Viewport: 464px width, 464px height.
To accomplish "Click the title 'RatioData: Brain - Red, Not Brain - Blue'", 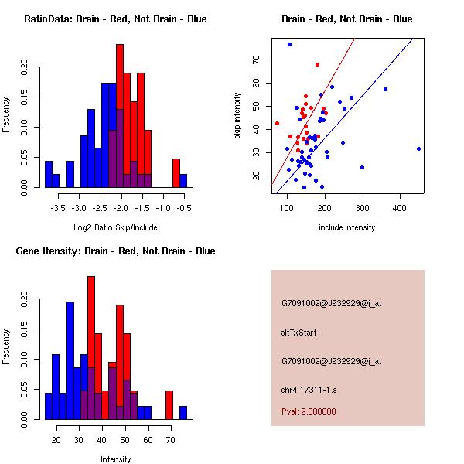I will pyautogui.click(x=115, y=19).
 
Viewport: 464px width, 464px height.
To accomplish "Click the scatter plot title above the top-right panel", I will pyautogui.click(x=346, y=19).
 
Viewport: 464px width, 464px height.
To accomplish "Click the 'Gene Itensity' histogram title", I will pyautogui.click(x=115, y=251).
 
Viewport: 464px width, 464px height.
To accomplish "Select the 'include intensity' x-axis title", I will pyautogui.click(x=347, y=227).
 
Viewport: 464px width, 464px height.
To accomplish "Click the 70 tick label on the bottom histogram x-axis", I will pyautogui.click(x=169, y=440).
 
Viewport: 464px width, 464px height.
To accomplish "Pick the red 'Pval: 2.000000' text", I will pyautogui.click(x=309, y=411).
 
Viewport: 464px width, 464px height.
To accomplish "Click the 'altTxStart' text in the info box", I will pyautogui.click(x=299, y=333).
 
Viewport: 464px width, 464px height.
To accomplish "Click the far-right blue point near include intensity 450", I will pyautogui.click(x=418, y=148).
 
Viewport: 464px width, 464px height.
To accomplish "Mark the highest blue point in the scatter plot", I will pyautogui.click(x=289, y=45).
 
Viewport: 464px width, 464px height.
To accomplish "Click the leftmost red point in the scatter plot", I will pyautogui.click(x=277, y=123).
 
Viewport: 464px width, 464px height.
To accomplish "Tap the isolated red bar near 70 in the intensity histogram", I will pyautogui.click(x=169, y=404).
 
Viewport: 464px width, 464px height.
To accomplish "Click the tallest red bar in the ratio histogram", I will pyautogui.click(x=120, y=115).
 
